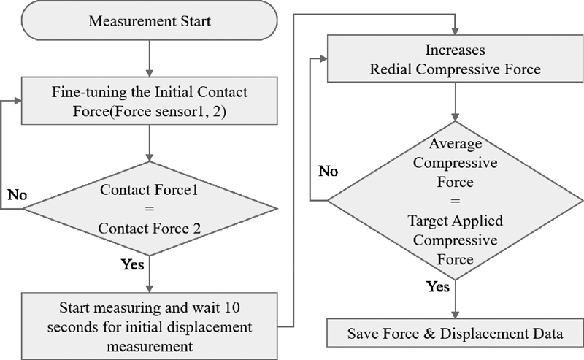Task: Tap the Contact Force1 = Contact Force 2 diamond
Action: (149, 208)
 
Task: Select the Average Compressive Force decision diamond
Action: (456, 198)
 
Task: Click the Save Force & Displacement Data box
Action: (456, 335)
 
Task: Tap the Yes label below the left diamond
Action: (132, 264)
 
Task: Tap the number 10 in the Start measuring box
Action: (233, 305)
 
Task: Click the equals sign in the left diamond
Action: (149, 208)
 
